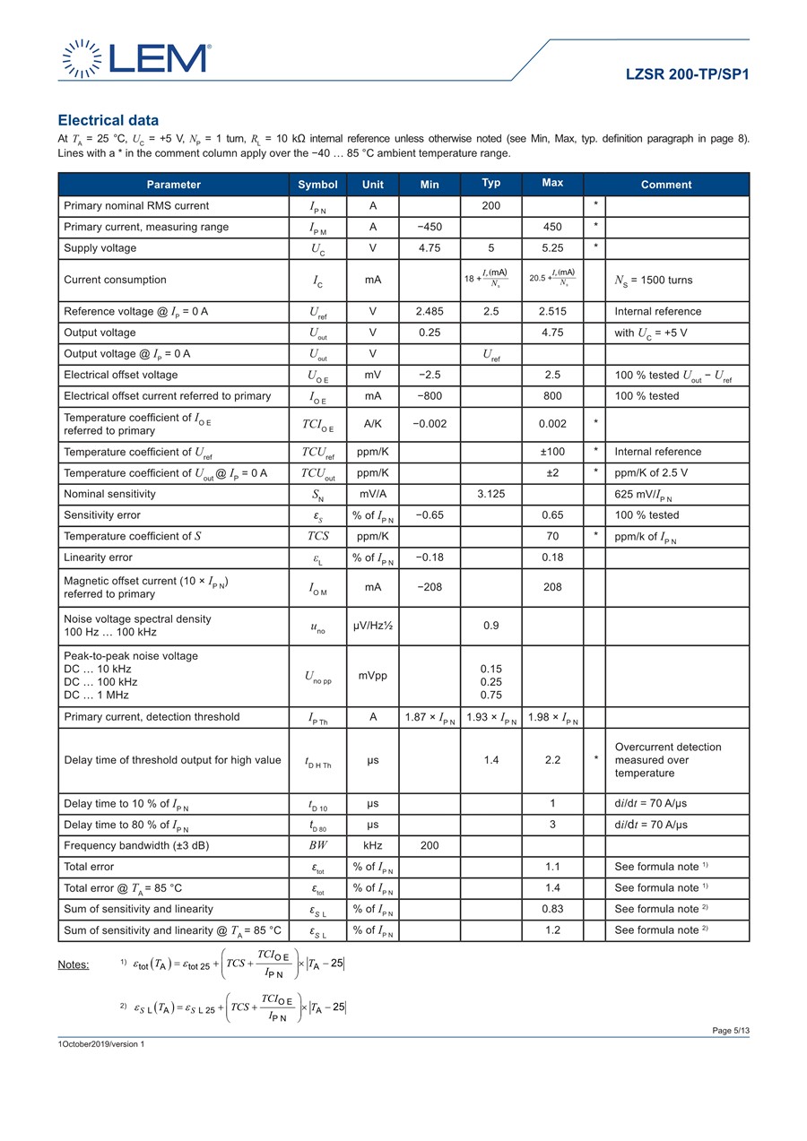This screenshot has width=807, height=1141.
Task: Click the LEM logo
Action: [135, 57]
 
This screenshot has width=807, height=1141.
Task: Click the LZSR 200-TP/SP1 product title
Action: [687, 74]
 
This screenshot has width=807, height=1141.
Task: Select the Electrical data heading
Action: [108, 120]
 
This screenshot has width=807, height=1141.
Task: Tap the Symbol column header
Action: [317, 185]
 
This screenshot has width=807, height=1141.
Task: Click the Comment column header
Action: [665, 185]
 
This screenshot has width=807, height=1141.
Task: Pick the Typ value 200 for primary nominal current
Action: [490, 206]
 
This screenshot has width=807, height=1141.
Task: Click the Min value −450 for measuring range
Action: [430, 227]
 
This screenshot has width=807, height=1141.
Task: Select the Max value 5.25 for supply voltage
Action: [552, 247]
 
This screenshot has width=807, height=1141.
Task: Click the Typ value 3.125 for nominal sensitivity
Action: [490, 494]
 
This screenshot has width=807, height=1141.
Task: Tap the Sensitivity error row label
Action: [102, 514]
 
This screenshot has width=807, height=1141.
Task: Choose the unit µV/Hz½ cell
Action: [372, 626]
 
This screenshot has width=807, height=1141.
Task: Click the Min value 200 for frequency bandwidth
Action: [430, 845]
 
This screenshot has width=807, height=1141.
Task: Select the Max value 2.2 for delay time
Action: [552, 760]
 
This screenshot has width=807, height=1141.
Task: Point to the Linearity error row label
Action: [98, 558]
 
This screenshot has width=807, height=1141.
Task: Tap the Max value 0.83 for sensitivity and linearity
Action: [552, 909]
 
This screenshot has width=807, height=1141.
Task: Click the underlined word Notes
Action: [74, 964]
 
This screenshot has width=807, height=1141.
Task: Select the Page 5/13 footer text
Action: [730, 1031]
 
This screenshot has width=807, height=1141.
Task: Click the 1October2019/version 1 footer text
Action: [100, 1044]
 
